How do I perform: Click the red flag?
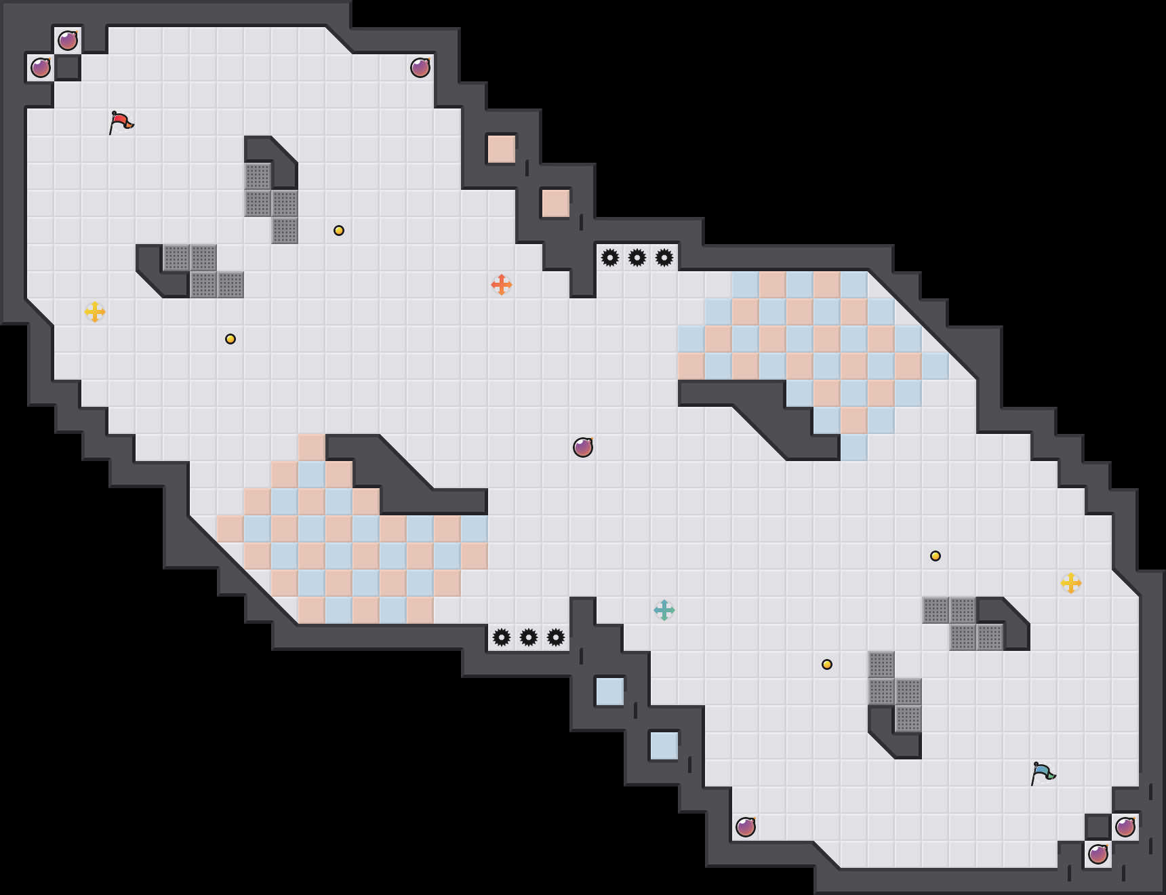(121, 123)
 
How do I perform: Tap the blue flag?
(1043, 773)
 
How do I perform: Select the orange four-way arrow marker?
(501, 285)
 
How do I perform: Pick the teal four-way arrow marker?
(664, 610)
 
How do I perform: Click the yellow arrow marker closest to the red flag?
(95, 312)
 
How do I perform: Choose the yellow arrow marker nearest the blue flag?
(1070, 583)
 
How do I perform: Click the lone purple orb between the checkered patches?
(583, 447)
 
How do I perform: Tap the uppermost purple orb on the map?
(68, 41)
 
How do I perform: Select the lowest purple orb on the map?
(1098, 854)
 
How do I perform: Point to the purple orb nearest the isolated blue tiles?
(746, 827)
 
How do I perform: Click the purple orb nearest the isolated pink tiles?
(420, 68)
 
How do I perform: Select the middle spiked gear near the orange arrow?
(637, 258)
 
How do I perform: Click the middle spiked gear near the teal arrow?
(529, 637)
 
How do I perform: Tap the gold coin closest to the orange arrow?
(339, 231)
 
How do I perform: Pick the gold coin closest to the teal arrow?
(827, 664)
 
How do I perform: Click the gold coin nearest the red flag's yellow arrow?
(230, 339)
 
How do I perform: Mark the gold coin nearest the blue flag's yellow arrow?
(936, 556)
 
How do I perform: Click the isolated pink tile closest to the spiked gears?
(556, 203)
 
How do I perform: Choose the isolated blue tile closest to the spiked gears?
(610, 692)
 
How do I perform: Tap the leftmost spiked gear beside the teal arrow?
(502, 637)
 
